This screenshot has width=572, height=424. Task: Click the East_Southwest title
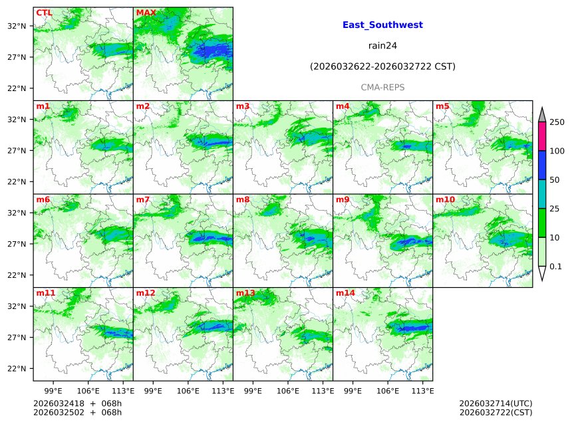[x=382, y=25]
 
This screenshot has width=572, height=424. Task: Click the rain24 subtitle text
[x=382, y=46]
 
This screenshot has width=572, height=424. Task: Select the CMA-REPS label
[x=382, y=87]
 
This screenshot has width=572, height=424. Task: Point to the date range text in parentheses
[x=382, y=66]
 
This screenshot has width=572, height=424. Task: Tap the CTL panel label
[x=44, y=13]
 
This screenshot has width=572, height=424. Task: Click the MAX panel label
[x=146, y=13]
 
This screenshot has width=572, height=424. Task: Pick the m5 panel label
[x=442, y=106]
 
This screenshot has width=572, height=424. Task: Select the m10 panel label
[x=445, y=199]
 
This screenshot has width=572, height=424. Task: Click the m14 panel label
[x=345, y=292]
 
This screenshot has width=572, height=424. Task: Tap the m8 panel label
[x=243, y=199]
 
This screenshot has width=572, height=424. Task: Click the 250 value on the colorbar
[x=557, y=122]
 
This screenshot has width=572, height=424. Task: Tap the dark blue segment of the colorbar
[x=541, y=165]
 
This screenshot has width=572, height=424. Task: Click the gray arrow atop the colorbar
[x=541, y=114]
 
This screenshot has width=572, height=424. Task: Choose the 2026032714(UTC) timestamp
[x=496, y=403]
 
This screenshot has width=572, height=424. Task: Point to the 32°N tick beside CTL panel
[x=17, y=26]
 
